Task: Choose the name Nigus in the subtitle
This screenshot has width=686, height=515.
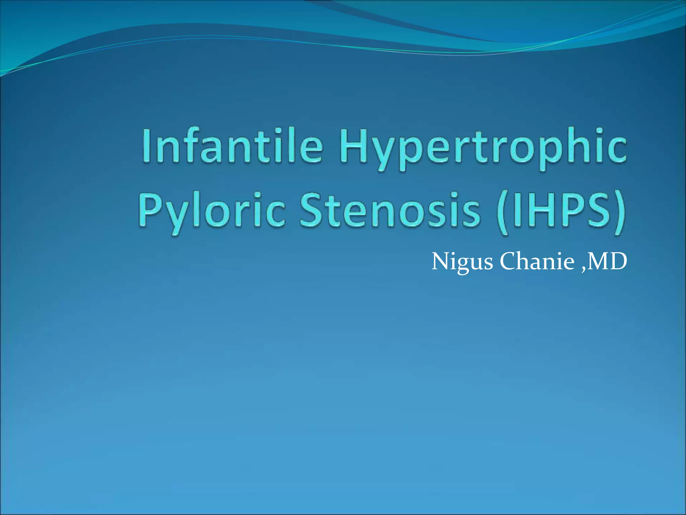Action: [462, 261]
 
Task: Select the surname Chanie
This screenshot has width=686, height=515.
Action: [537, 261]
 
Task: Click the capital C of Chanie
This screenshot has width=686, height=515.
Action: [509, 261]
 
